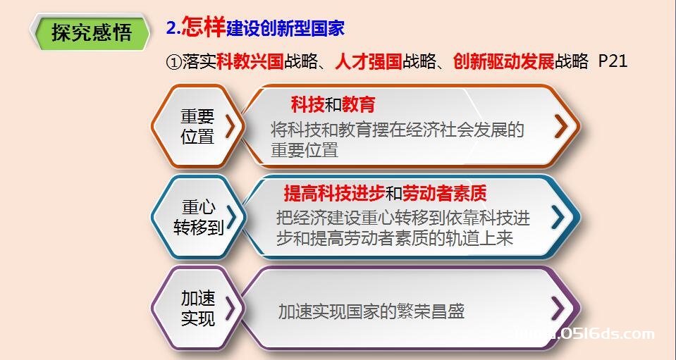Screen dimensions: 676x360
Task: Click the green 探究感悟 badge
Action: (x=90, y=32)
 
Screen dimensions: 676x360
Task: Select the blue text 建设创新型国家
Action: (x=285, y=28)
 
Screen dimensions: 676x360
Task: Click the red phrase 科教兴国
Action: (x=250, y=61)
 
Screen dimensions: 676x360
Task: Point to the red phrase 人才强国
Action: (x=369, y=61)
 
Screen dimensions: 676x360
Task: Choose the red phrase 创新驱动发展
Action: (x=503, y=61)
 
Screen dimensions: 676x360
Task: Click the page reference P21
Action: (x=613, y=61)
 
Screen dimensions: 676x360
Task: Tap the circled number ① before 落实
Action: (x=173, y=62)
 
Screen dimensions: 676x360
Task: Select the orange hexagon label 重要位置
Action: (x=197, y=126)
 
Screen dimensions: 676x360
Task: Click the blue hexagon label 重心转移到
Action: (x=198, y=218)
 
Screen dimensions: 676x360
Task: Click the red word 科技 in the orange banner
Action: (x=307, y=105)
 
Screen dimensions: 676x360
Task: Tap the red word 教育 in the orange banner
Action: (x=359, y=105)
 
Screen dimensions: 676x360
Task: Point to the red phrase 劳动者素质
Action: (x=445, y=194)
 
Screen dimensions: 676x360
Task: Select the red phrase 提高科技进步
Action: (x=334, y=194)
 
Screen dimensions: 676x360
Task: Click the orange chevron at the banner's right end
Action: (x=561, y=126)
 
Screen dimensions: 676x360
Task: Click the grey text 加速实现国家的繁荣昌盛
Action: (x=371, y=311)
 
